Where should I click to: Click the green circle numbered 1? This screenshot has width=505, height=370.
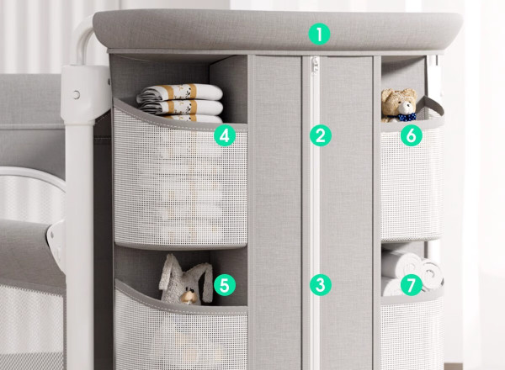(x=319, y=34)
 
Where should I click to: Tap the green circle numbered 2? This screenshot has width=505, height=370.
(x=321, y=135)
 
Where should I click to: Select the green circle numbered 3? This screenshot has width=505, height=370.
(x=321, y=285)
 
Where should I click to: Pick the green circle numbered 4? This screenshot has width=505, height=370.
(x=225, y=135)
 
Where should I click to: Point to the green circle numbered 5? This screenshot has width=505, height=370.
(x=225, y=285)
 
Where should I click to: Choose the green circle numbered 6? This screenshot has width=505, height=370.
(x=412, y=135)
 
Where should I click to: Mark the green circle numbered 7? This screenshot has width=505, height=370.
(x=412, y=285)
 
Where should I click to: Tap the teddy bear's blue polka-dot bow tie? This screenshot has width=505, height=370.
(x=407, y=117)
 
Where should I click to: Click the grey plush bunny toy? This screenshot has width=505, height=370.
(x=185, y=280)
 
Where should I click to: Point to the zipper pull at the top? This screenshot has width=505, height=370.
(x=315, y=66)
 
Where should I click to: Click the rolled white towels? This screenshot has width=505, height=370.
(x=410, y=272)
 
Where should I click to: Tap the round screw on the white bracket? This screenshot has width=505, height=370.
(x=77, y=94)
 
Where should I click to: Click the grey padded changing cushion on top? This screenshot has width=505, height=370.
(x=277, y=30)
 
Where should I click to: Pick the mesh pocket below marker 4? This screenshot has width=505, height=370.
(x=180, y=180)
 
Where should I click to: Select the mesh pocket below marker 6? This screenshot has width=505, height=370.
(x=412, y=180)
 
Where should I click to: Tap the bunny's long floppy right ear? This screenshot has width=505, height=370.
(x=206, y=280)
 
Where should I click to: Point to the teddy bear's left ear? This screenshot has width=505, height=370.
(x=387, y=95)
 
